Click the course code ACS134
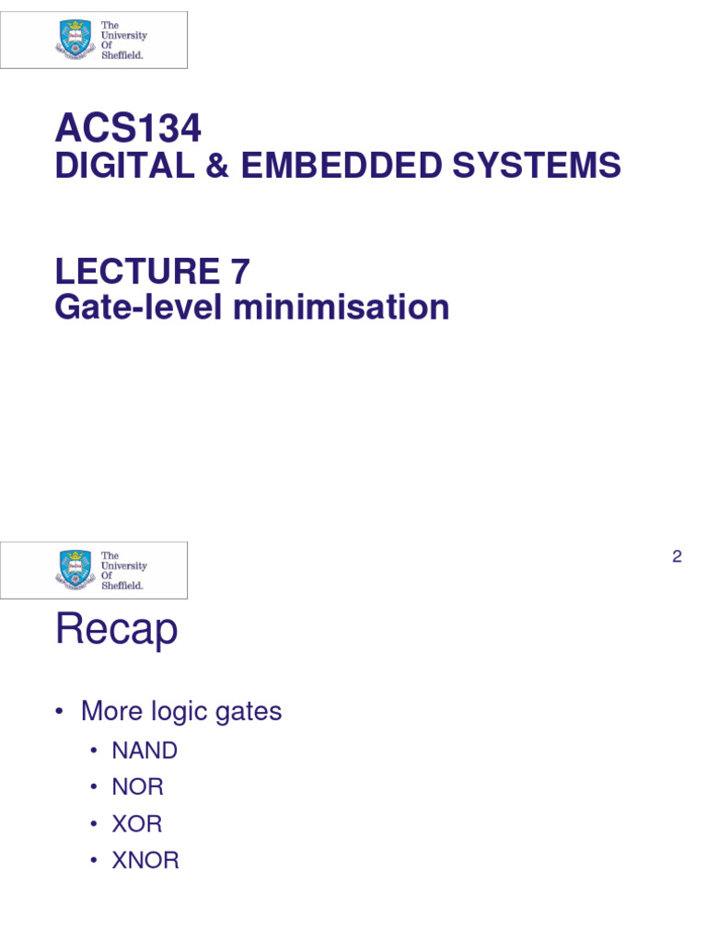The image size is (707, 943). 128,128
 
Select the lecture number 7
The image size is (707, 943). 238,272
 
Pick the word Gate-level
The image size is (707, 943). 138,308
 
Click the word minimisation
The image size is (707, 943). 341,308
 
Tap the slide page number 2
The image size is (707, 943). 677,556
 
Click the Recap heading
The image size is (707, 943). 116,631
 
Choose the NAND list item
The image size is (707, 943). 145,751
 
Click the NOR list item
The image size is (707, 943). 137,787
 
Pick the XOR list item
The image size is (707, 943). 137,824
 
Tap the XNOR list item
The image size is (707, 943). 145,861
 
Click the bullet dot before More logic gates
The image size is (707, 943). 60,712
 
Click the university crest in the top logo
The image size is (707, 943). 75,40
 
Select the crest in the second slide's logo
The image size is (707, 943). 75,569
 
